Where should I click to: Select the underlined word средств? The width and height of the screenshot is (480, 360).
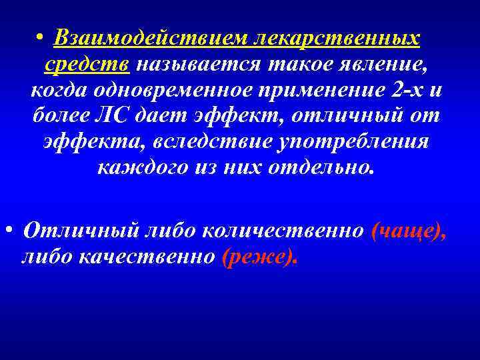point(90,65)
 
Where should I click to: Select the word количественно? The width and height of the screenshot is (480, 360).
point(283,231)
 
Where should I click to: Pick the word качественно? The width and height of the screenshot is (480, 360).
point(150,256)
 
